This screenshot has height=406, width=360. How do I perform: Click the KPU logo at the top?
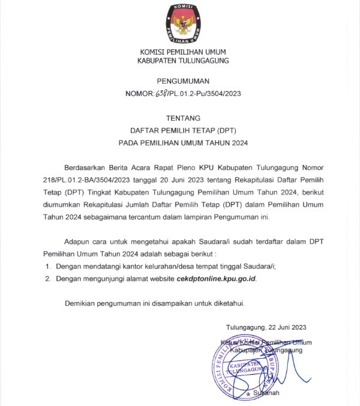[x=183, y=22]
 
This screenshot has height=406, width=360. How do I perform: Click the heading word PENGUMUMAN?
[x=182, y=82]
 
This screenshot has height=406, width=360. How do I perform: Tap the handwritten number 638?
[x=163, y=94]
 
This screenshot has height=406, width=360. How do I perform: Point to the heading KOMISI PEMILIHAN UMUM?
[x=182, y=52]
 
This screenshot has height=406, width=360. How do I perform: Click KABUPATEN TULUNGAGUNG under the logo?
[x=182, y=61]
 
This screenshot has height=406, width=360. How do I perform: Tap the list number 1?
[x=48, y=266]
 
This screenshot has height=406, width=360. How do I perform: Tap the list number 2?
[x=48, y=279]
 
